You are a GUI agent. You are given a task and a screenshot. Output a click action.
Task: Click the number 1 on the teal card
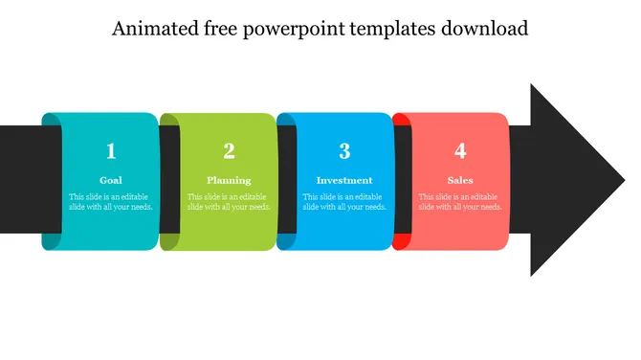coord(111,151)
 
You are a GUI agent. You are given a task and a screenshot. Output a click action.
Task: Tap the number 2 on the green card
coord(230,151)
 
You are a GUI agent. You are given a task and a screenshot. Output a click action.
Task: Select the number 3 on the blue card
coord(344,151)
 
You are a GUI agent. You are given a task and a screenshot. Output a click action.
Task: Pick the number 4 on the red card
coord(460,151)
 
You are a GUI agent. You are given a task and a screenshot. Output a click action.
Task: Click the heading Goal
coord(111,180)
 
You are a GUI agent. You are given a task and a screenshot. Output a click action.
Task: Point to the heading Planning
coord(230,180)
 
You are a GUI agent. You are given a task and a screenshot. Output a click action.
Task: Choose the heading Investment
coord(344,180)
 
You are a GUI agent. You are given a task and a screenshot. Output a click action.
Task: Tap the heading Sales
coord(460,180)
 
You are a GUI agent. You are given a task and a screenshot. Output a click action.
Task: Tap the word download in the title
coord(484,29)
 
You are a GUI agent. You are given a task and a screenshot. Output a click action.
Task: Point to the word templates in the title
coord(392,30)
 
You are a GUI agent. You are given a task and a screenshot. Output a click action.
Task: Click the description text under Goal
coord(111,202)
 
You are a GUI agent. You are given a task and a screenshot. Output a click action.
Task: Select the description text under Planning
coord(230,202)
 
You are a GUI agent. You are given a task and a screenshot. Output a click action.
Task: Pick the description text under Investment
coord(344,202)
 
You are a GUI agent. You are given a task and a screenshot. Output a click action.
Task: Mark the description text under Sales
coord(460,202)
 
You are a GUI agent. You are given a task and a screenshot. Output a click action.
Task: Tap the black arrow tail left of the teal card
coord(19,179)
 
